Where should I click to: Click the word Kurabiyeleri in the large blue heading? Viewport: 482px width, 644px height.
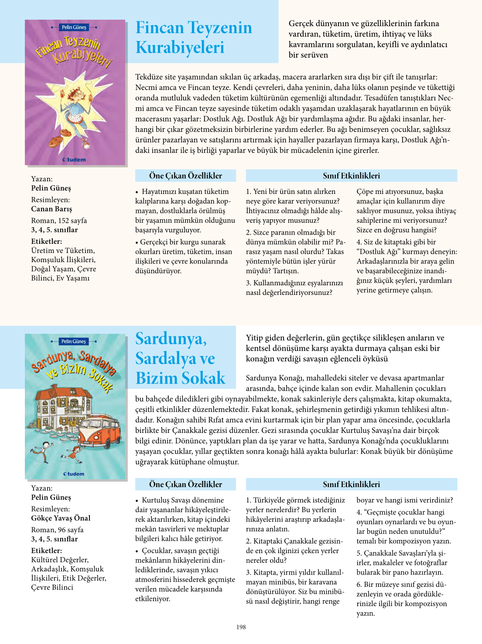tap(180, 48)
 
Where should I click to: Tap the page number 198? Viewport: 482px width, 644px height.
tap(241, 627)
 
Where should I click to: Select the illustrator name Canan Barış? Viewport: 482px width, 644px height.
tap(51, 209)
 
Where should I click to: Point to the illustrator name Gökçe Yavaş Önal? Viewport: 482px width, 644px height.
tap(61, 518)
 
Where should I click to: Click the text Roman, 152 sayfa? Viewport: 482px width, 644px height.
tap(59, 221)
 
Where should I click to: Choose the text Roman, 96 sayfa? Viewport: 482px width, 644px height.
tap(57, 530)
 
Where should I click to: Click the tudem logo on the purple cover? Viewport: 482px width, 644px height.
tap(74, 160)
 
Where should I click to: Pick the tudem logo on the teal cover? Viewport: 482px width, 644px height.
tap(74, 474)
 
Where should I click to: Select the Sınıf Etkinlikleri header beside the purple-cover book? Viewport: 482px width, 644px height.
tap(351, 176)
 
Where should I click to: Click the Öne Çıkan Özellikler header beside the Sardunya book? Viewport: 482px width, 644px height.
tap(185, 484)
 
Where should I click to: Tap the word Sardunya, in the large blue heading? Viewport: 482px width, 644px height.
tap(171, 339)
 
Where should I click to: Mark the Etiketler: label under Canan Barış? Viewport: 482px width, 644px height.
tap(46, 241)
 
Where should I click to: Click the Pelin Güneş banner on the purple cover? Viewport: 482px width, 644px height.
tap(74, 27)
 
